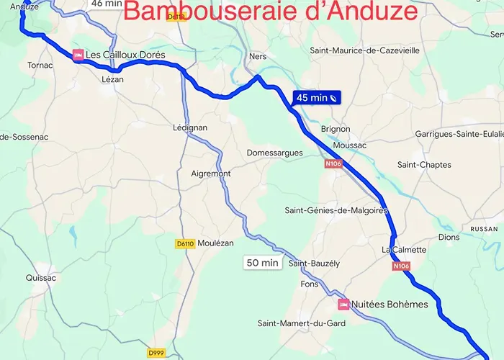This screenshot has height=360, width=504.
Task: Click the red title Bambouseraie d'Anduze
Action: click(270, 12)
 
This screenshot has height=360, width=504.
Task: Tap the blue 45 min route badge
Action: click(316, 97)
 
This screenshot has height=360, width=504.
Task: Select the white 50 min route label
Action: click(262, 263)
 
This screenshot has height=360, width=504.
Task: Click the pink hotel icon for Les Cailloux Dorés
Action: click(77, 55)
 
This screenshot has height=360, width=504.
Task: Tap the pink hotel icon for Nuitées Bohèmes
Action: click(343, 305)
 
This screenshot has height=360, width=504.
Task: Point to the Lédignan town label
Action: click(190, 127)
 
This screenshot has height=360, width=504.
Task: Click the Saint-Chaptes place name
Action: click(424, 165)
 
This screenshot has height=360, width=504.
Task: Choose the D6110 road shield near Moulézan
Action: click(185, 244)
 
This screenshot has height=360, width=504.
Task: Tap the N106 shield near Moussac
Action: click(332, 164)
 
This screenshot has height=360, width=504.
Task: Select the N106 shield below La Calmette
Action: click(402, 266)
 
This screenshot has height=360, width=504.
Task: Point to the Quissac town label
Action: click(40, 276)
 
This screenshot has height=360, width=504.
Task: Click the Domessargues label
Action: click(274, 153)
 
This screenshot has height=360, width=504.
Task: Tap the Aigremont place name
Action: click(211, 174)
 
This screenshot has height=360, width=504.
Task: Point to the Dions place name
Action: click(449, 237)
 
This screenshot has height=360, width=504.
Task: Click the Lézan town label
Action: click(113, 79)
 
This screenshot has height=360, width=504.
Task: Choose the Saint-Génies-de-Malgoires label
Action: click(336, 210)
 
